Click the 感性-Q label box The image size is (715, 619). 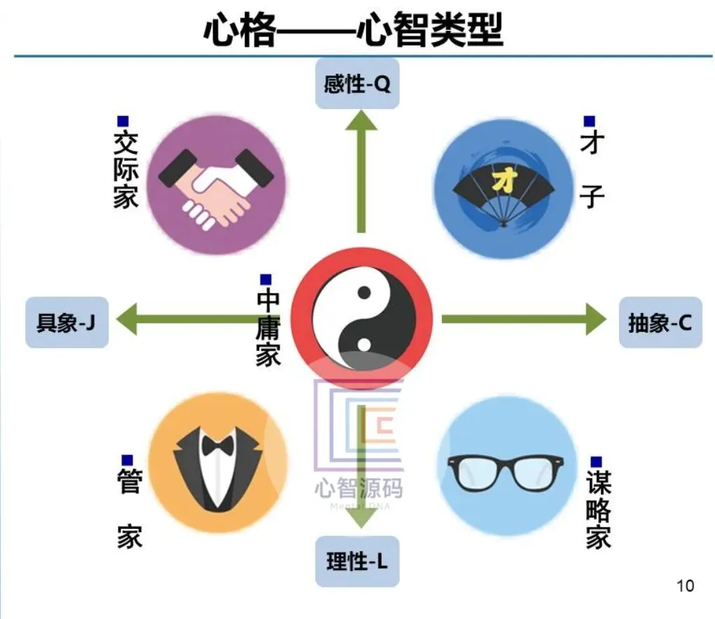(357, 85)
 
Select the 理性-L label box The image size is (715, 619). (357, 561)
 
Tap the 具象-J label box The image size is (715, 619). (66, 323)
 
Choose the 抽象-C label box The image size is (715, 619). (660, 323)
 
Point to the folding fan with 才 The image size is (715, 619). (504, 189)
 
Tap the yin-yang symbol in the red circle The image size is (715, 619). (361, 318)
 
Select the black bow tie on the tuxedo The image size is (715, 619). (216, 444)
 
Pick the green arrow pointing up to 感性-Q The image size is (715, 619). (361, 175)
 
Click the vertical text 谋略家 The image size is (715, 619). (598, 510)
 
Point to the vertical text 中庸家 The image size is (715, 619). (268, 328)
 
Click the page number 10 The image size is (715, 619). (686, 585)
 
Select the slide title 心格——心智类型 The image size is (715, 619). (353, 29)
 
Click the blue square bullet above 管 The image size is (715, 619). (127, 460)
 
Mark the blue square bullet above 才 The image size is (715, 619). (590, 122)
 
